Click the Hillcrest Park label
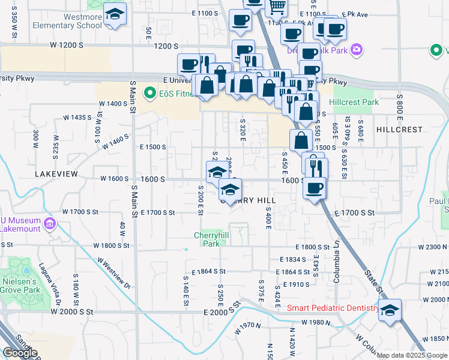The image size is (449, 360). pyautogui.click(x=357, y=103)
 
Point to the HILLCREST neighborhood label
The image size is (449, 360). pyautogui.click(x=399, y=130)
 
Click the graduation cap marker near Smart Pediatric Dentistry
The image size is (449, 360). pyautogui.click(x=390, y=310)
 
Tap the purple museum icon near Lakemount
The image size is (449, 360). pyautogui.click(x=49, y=224)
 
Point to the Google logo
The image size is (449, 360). pyautogui.click(x=20, y=353)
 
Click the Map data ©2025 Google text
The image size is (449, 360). pyautogui.click(x=411, y=355)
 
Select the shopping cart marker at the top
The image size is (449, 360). pyautogui.click(x=276, y=7)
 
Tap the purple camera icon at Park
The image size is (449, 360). pyautogui.click(x=357, y=49)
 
